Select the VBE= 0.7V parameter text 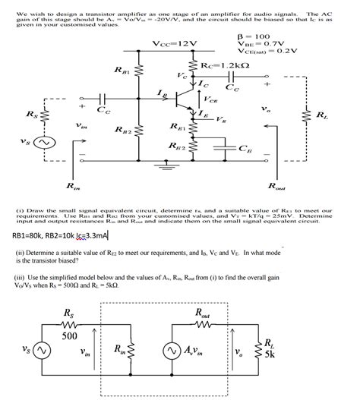[263, 45]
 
